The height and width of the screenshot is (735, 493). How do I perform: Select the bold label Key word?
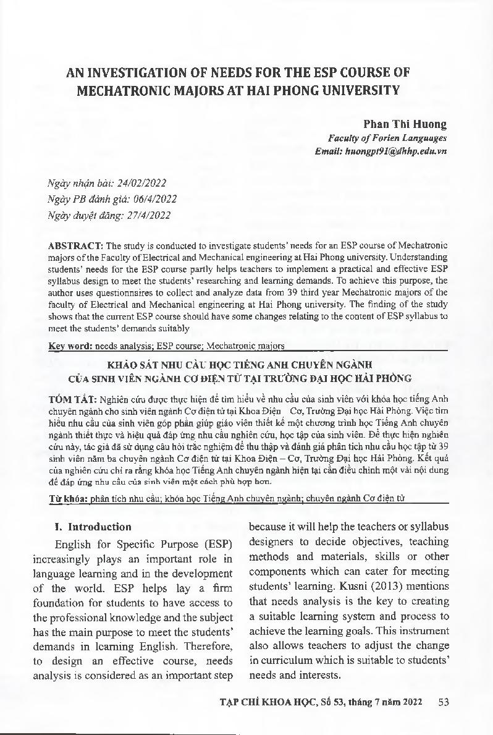(x=69, y=346)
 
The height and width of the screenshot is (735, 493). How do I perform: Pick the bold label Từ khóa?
(x=68, y=497)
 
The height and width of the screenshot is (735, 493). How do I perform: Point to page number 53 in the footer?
(x=442, y=701)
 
